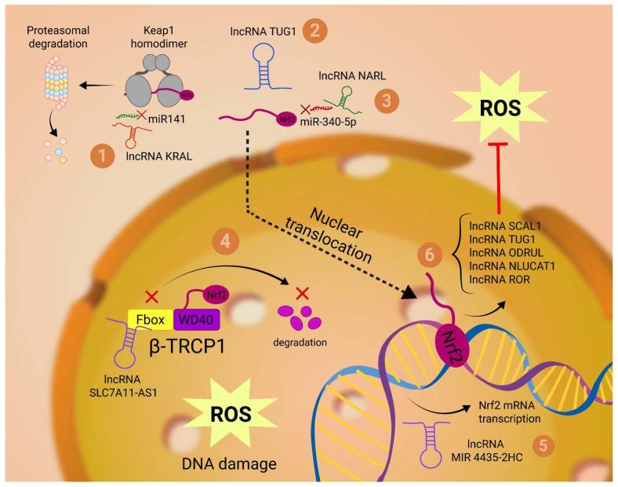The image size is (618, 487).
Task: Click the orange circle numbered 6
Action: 428,254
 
